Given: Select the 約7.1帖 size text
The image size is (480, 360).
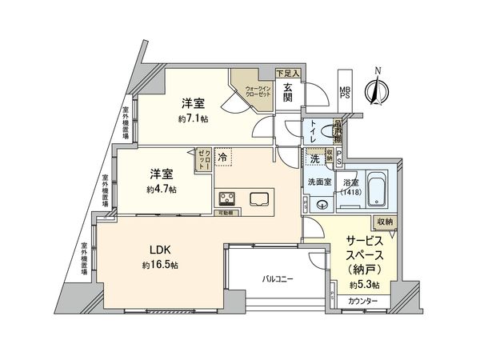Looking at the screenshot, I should (194, 118).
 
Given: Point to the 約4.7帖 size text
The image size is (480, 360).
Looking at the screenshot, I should (162, 190).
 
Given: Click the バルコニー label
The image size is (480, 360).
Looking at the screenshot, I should (278, 279).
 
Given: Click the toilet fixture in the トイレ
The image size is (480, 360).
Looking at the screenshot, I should (325, 130).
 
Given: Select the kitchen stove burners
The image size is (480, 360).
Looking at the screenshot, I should (225, 199).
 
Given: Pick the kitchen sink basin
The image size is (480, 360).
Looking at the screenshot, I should (260, 198).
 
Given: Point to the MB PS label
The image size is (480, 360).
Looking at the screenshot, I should (346, 91).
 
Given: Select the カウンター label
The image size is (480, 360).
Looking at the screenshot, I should (363, 301).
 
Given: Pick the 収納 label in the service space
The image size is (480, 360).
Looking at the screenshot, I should (382, 222).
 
